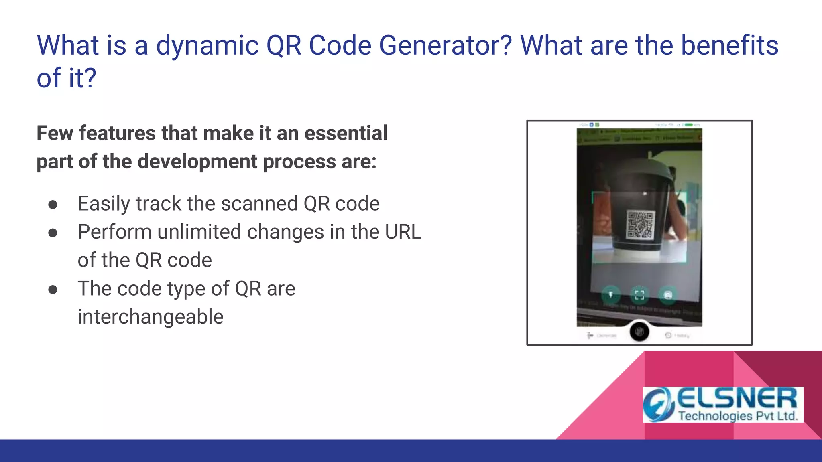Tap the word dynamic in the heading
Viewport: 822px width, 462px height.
click(207, 45)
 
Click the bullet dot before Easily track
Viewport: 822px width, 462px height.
click(53, 205)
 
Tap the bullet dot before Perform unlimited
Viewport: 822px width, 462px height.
click(53, 233)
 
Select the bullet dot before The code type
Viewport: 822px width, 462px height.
click(53, 290)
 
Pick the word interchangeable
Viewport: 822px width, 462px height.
click(151, 317)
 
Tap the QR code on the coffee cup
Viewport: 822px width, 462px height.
click(640, 225)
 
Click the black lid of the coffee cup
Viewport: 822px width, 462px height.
click(638, 168)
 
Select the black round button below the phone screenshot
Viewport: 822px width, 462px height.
click(639, 332)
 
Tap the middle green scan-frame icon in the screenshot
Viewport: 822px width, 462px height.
click(639, 295)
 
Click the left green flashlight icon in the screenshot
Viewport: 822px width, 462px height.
click(611, 295)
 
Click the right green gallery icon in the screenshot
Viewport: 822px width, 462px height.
click(668, 295)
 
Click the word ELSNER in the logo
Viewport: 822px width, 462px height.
click(737, 399)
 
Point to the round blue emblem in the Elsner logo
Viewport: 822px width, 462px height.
click(658, 404)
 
